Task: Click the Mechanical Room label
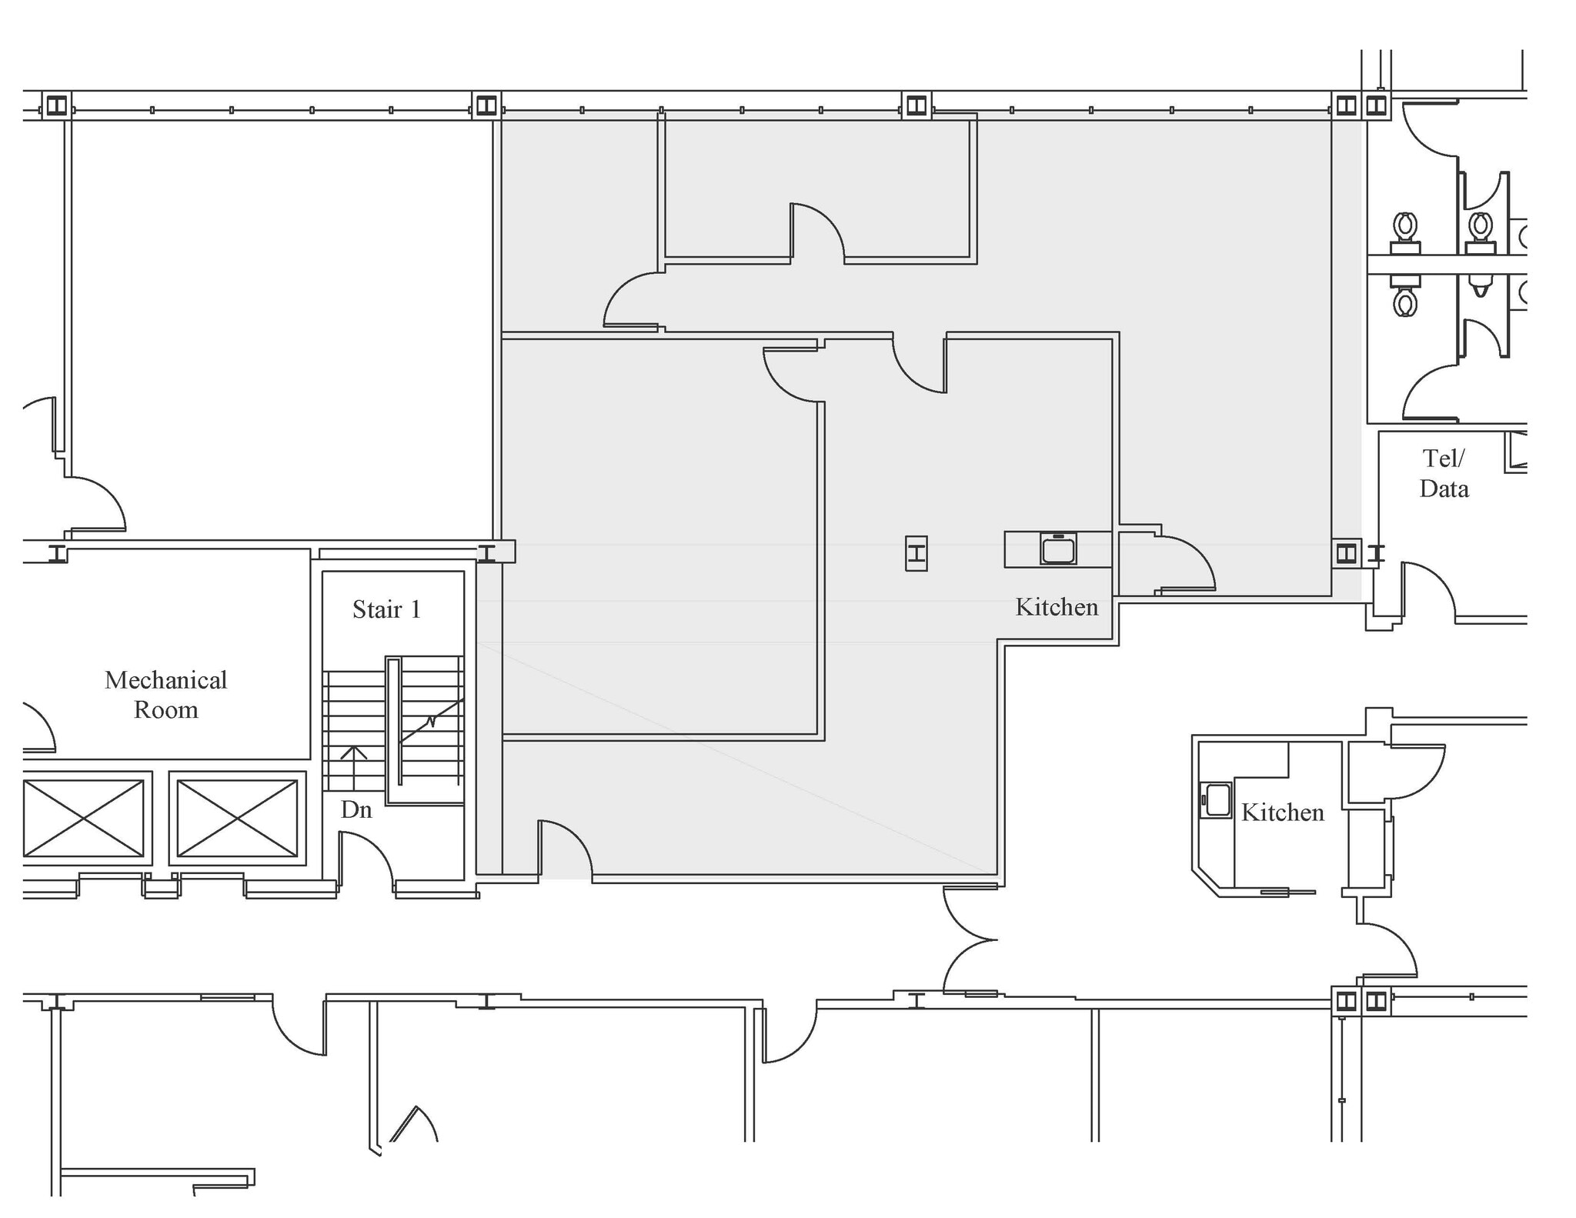pos(165,694)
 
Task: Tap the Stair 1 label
pos(386,609)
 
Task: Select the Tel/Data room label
pos(1444,473)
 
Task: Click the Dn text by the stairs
pos(356,809)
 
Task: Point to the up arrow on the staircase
pos(353,766)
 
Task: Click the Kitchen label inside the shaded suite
pos(1056,607)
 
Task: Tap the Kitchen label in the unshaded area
pos(1282,813)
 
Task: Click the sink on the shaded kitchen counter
pos(1058,549)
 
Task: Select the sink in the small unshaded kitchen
pos(1217,799)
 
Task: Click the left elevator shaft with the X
pos(83,818)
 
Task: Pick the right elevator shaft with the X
pos(237,818)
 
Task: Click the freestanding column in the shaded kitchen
pos(916,553)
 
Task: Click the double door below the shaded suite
pos(970,939)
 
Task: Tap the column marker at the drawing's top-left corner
pos(56,105)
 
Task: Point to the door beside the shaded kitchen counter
pos(1185,562)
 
